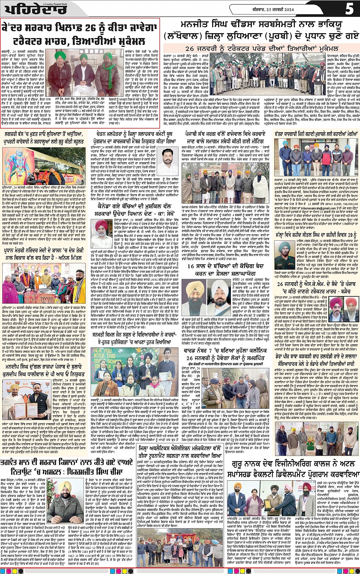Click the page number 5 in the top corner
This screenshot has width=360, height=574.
[x=349, y=8]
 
